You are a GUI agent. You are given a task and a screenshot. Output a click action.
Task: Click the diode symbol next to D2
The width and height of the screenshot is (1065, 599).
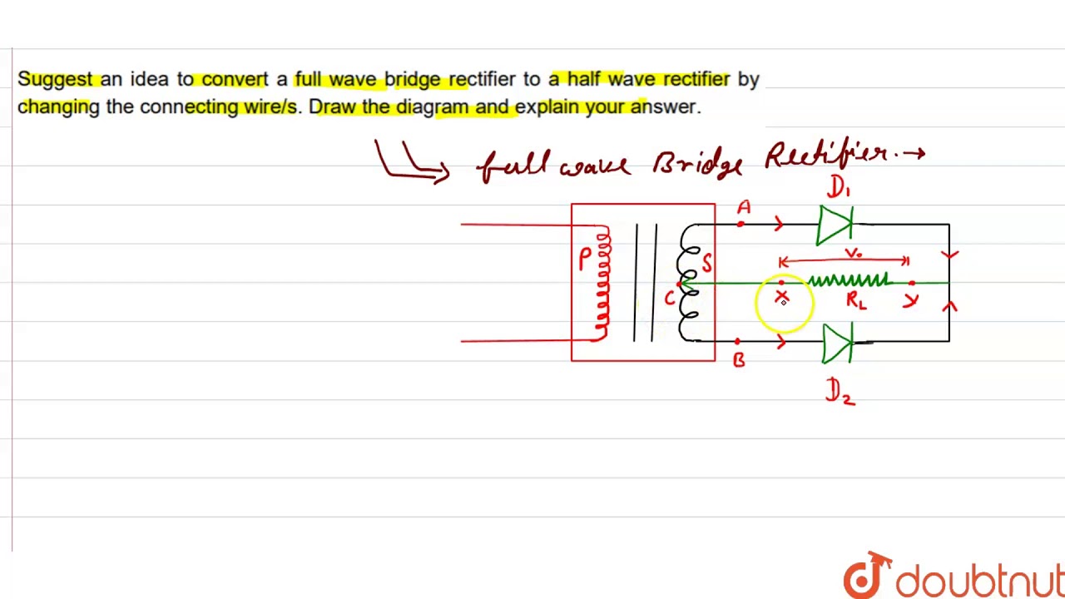coord(837,342)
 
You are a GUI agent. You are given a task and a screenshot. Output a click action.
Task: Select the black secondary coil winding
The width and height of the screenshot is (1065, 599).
coord(690,283)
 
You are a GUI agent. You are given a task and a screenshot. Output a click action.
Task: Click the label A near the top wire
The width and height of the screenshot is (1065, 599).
coord(744,207)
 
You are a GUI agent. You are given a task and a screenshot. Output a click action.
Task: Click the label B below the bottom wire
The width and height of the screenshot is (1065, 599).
coord(739,360)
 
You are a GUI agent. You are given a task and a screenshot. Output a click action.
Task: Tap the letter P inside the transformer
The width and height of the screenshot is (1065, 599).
coord(586,259)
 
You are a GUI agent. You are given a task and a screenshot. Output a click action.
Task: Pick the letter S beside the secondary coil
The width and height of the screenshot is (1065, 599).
coord(706,263)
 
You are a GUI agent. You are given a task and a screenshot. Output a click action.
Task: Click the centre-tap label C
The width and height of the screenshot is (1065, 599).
coord(670,298)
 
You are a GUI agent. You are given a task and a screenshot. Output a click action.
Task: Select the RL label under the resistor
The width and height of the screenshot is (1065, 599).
coord(856,300)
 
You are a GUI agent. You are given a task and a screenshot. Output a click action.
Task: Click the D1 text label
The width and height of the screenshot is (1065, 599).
coord(838,187)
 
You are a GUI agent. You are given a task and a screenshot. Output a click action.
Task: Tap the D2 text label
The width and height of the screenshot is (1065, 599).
coord(839,390)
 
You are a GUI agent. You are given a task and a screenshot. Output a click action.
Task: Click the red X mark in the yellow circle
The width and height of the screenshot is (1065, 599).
coord(782,297)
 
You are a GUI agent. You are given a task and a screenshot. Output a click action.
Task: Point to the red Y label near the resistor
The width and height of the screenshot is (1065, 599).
coord(910,299)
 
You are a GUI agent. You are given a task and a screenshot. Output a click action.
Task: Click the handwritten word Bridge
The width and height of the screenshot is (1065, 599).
coord(697,164)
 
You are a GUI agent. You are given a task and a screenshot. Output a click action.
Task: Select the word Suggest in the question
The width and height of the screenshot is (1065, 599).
coord(55,79)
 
